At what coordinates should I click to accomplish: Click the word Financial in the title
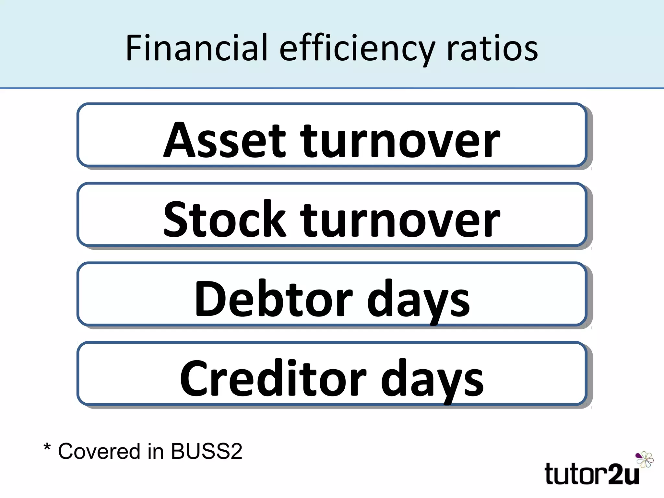(196, 48)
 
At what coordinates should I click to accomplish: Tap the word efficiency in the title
(357, 49)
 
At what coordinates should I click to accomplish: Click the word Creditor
(273, 378)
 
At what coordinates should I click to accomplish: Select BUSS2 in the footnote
(207, 451)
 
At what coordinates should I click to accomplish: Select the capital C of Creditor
(194, 378)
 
